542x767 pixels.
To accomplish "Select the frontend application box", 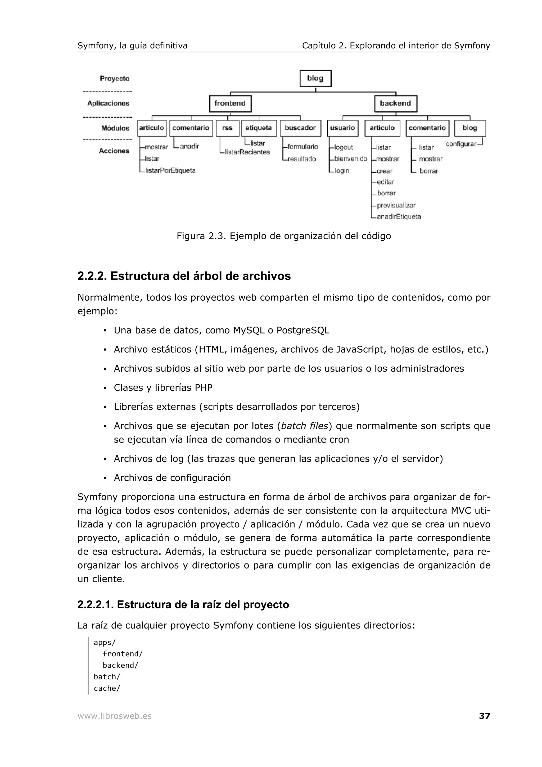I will [230, 103].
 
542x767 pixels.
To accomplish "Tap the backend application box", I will [395, 103].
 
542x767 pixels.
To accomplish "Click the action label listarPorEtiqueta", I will [170, 170].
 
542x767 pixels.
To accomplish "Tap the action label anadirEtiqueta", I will [399, 217].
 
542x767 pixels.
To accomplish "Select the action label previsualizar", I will [396, 205].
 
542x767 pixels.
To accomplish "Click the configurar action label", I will [461, 144].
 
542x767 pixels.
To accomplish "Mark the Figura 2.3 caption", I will [283, 236].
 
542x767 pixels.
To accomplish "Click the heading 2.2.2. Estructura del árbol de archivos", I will [184, 276].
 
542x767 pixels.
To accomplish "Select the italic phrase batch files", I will [305, 426].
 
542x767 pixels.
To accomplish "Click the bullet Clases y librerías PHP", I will [163, 387].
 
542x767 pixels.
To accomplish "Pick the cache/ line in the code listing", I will [107, 688].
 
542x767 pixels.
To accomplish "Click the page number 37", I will [484, 716].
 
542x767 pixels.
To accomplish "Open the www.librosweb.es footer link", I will [115, 716].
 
